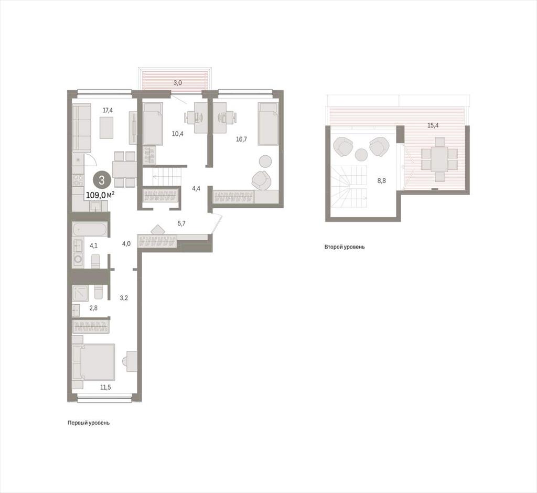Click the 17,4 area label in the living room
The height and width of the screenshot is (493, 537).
(x=108, y=110)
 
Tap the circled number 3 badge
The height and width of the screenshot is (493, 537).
(x=101, y=180)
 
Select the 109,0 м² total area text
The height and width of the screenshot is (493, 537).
(x=100, y=195)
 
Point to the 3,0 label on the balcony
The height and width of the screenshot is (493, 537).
(x=177, y=82)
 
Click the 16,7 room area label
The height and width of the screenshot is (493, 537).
(x=241, y=139)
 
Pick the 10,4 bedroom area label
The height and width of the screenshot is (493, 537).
(x=177, y=134)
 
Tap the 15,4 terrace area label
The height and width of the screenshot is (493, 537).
(x=433, y=125)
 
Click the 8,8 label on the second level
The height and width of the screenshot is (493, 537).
(x=382, y=180)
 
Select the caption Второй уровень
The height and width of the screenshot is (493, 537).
(x=345, y=246)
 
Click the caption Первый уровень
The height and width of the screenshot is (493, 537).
(x=89, y=423)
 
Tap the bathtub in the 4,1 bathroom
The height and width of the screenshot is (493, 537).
(x=90, y=229)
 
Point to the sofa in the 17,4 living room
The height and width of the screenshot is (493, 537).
(x=81, y=128)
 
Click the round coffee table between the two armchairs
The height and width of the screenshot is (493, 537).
(x=361, y=155)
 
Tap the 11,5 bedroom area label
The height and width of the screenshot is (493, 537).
(x=105, y=388)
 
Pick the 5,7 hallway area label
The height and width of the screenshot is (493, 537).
(x=181, y=223)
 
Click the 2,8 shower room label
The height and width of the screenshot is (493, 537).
(x=93, y=308)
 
